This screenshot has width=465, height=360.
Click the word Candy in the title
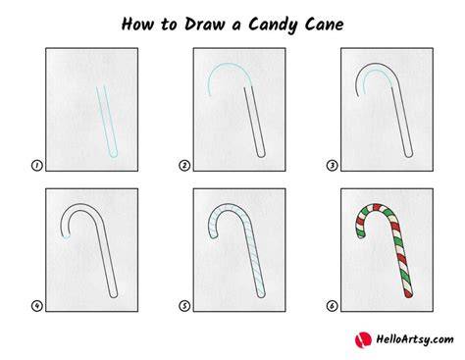coord(273,25)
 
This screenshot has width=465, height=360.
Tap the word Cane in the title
coord(324,25)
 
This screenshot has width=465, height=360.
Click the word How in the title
coord(137,25)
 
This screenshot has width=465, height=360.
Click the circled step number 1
coord(37,166)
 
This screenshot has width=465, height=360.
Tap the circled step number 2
coord(184,166)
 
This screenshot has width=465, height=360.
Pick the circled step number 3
coord(332,166)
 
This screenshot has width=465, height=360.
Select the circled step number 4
coord(37,306)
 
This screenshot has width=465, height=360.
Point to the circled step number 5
coord(184,306)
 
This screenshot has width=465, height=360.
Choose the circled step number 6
coord(332,306)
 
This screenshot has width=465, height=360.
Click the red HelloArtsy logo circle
coord(363,339)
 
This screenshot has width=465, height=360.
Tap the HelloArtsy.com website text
coord(415,339)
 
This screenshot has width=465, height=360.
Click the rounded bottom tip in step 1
coord(113,154)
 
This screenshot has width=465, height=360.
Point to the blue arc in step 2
coord(229,66)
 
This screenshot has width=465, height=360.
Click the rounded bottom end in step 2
coord(261,154)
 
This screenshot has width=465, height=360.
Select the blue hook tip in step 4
coord(67,237)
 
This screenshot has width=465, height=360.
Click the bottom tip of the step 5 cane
coord(261,294)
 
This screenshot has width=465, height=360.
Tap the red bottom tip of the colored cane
coord(408,294)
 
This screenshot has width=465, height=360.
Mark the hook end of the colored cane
coord(361,234)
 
